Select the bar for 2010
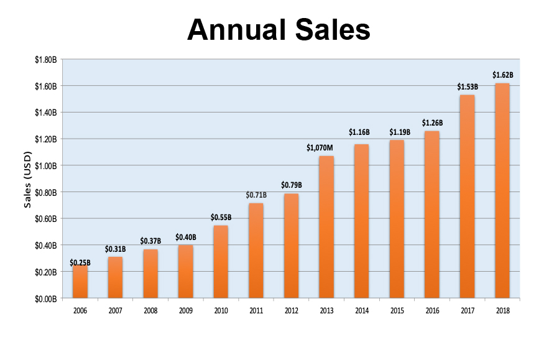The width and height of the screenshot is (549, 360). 221,262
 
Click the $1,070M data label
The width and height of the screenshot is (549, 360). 320,148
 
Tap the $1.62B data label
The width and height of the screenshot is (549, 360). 502,75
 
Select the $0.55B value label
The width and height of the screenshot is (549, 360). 221,218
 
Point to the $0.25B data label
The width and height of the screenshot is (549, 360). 80,263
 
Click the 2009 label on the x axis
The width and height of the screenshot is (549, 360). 185,310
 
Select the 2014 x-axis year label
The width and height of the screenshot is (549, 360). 361,310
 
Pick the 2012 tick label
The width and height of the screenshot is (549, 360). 291,310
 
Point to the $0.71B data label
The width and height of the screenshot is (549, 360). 256,195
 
